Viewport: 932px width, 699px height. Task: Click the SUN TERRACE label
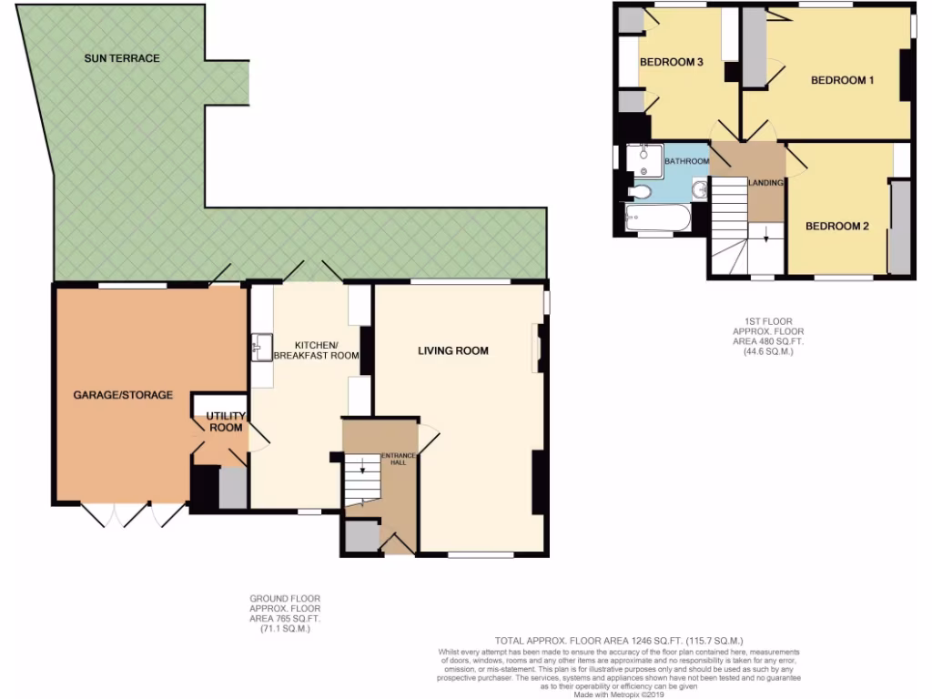[122, 58]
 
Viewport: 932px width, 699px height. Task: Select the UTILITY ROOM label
[226, 421]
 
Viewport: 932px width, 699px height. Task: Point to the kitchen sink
[258, 346]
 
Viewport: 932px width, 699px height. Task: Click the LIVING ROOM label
[453, 350]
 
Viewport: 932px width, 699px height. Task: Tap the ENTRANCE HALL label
[398, 459]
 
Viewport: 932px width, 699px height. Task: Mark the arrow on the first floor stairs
[766, 238]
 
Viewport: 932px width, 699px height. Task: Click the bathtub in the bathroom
[657, 218]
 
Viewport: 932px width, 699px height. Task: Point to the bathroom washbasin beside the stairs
[699, 190]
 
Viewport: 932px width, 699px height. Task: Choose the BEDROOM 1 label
[842, 80]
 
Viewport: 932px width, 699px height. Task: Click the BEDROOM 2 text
[836, 226]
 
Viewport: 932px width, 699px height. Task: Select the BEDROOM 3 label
[672, 63]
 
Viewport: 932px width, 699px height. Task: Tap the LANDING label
[765, 183]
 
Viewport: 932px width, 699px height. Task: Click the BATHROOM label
[686, 161]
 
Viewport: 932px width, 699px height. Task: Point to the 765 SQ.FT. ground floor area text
[285, 618]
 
